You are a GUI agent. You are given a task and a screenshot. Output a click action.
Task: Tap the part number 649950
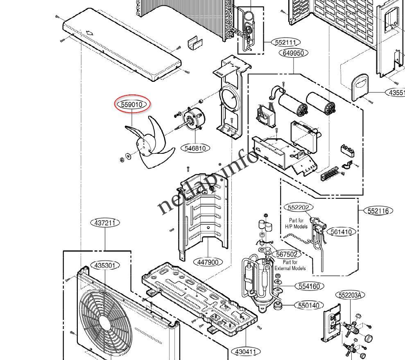pos(294,53)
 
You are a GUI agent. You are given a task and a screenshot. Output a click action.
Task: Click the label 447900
pos(208,262)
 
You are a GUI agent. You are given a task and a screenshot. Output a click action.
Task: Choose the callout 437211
pos(105,223)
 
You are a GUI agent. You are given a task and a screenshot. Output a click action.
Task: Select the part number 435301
pos(105,265)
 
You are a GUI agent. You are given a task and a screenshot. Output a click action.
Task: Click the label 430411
pos(246,351)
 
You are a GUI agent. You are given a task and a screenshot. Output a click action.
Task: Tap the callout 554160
pos(309,286)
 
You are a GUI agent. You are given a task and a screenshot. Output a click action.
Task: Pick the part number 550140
pos(309,305)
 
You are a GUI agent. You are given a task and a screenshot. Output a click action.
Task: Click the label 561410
pos(341,232)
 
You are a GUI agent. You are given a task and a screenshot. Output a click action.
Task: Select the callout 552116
pos(378,211)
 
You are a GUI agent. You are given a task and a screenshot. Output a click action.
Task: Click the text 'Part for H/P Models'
pos(296,223)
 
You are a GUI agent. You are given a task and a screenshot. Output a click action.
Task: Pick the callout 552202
pos(298,208)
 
